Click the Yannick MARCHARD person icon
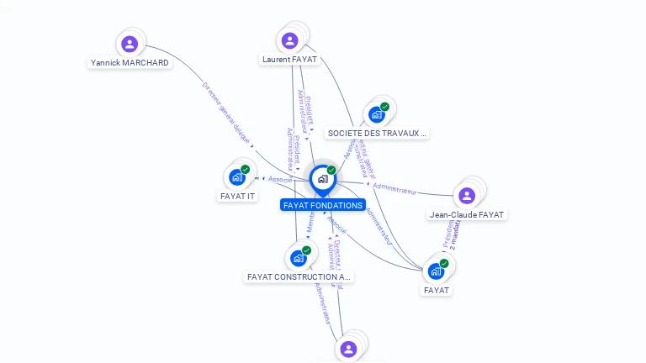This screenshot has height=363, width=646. tap(129, 44)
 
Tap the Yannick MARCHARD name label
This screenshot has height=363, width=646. tap(130, 63)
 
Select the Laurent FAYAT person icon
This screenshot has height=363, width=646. tap(289, 40)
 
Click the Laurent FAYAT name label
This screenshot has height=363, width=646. tap(289, 60)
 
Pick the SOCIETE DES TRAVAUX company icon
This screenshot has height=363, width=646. tap(377, 114)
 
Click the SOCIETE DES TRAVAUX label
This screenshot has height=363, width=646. tap(377, 133)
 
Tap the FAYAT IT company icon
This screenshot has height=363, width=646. tap(237, 177)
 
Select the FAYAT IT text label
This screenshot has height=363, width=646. tap(237, 196)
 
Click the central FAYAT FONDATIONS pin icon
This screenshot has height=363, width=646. tap(322, 179)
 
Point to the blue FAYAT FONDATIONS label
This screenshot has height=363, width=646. tap(323, 205)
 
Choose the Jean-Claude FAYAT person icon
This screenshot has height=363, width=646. tap(467, 196)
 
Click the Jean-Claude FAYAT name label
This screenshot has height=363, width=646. tap(467, 214)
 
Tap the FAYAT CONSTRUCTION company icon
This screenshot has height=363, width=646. tap(298, 258)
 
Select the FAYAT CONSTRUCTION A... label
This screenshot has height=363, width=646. tap(299, 276)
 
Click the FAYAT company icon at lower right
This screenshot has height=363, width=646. tap(436, 271)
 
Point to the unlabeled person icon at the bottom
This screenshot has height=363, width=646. tap(348, 349)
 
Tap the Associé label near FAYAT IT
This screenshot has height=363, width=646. tap(280, 179)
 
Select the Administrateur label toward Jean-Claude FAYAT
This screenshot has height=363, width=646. tap(394, 189)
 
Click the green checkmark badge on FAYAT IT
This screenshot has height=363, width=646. tap(246, 169)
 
